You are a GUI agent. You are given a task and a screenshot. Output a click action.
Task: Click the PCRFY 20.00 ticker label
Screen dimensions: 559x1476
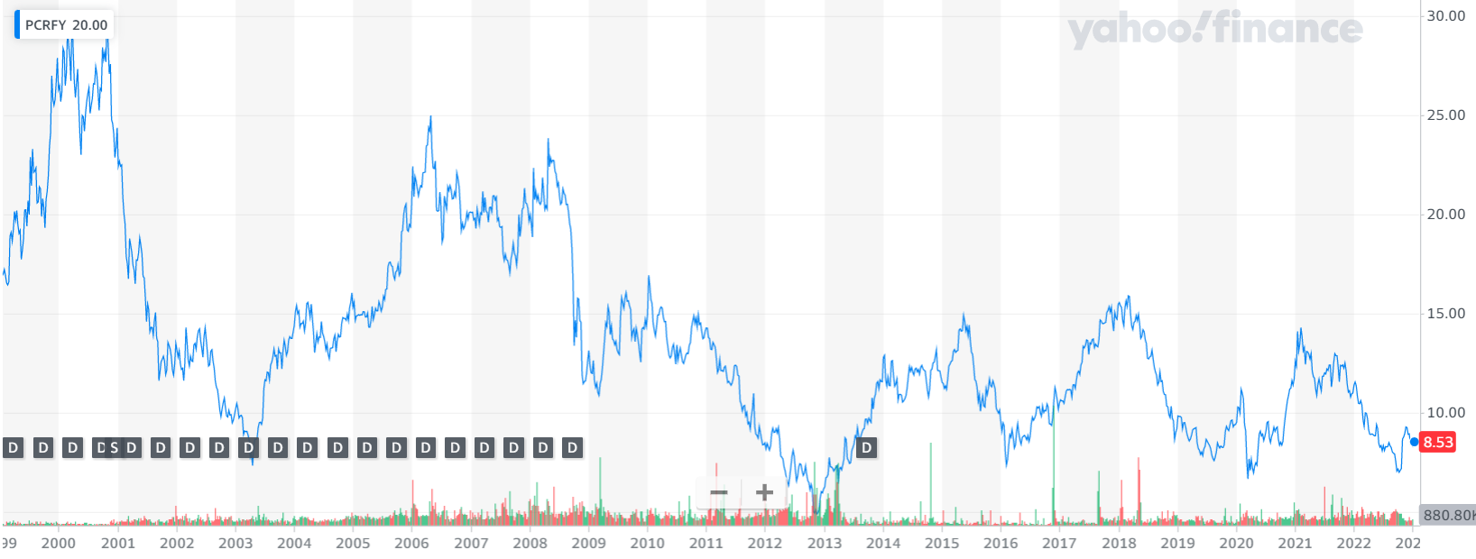[x=65, y=25]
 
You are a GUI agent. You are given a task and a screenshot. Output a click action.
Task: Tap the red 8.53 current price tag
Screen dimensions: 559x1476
[x=1438, y=442]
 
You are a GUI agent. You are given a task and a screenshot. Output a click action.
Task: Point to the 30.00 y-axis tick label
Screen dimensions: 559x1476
[x=1445, y=16]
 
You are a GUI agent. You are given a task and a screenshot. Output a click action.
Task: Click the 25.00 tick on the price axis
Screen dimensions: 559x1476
[x=1445, y=115]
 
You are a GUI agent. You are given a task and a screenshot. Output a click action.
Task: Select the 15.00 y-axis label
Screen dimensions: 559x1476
[x=1445, y=314]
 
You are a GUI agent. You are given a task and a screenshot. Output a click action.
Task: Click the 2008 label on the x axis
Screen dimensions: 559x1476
[x=530, y=543]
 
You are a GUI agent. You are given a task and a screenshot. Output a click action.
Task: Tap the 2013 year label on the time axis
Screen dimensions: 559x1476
[x=824, y=543]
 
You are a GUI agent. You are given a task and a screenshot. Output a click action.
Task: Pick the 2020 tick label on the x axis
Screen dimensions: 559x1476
[x=1236, y=543]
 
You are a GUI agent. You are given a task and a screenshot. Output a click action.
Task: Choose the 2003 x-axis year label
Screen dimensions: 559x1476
[x=235, y=543]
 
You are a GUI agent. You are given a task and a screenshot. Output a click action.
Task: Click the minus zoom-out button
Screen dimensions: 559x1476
[x=719, y=493]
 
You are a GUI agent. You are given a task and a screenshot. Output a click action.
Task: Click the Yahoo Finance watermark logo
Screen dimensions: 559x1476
[x=1214, y=29]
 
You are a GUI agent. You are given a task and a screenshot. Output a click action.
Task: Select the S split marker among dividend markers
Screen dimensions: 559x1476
[x=114, y=448]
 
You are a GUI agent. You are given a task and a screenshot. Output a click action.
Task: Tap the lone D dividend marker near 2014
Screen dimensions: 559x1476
[x=866, y=448]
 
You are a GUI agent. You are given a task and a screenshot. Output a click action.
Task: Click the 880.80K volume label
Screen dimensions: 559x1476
[x=1447, y=515]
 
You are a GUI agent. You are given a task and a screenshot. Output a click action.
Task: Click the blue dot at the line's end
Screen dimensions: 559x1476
[x=1414, y=442]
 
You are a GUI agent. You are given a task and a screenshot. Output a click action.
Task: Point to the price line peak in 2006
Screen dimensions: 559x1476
[x=430, y=117]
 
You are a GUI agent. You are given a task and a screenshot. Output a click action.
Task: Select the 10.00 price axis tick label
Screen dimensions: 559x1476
[x=1445, y=413]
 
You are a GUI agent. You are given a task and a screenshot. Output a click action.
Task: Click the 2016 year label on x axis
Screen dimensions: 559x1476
[x=1001, y=543]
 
